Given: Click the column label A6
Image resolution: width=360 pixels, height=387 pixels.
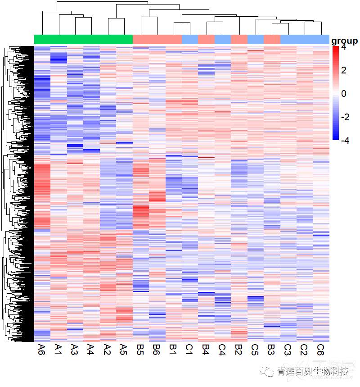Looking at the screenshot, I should click(x=42, y=349).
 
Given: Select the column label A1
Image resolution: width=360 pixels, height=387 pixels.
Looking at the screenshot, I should click(x=58, y=349).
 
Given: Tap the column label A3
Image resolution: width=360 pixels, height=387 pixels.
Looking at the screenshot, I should click(x=75, y=349).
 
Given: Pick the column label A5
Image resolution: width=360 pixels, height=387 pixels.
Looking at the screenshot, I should click(x=124, y=349).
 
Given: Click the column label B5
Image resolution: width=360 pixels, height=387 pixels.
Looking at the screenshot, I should click(x=140, y=349).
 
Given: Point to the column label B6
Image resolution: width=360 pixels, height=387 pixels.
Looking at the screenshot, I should click(x=157, y=349).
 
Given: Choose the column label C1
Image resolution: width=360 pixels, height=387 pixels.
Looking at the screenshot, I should click(x=189, y=349).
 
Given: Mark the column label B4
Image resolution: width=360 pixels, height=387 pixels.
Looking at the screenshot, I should click(x=206, y=349).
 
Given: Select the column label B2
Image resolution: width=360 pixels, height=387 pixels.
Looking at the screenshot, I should click(x=239, y=349).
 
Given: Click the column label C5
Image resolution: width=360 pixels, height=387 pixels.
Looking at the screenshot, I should click(x=255, y=349).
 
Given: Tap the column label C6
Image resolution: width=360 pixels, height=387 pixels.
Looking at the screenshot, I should click(x=321, y=349).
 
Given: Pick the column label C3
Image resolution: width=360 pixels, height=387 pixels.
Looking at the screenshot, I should click(x=288, y=349).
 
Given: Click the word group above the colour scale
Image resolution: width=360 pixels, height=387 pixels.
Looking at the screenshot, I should click(x=344, y=41).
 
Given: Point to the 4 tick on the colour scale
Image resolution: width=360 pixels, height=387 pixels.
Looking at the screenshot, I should click(x=343, y=47).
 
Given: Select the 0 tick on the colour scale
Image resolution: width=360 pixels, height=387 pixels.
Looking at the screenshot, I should click(x=343, y=94).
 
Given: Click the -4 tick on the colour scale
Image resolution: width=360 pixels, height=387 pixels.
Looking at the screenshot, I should click(x=343, y=140).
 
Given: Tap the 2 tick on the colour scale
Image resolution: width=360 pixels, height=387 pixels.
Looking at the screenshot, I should click(x=343, y=70).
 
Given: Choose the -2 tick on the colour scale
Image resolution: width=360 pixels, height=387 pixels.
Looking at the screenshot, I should click(x=343, y=117).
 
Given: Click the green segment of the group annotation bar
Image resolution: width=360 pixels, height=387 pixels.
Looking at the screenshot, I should click(x=83, y=40).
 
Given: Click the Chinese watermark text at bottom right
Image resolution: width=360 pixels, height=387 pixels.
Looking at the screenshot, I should click(x=313, y=372).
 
